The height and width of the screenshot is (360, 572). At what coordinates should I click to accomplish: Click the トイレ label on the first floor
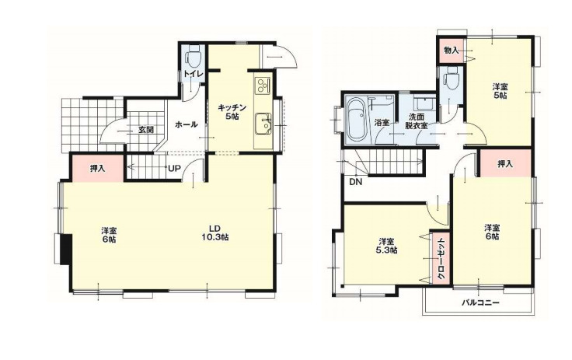(193, 74)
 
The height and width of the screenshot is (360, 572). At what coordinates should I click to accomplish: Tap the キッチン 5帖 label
(231, 112)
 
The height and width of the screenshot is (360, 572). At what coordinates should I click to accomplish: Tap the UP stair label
(175, 167)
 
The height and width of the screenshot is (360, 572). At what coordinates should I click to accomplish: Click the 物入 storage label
(451, 51)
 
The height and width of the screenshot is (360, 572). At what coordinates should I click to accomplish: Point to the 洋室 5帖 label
(499, 90)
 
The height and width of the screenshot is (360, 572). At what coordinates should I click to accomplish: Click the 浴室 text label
(382, 123)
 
